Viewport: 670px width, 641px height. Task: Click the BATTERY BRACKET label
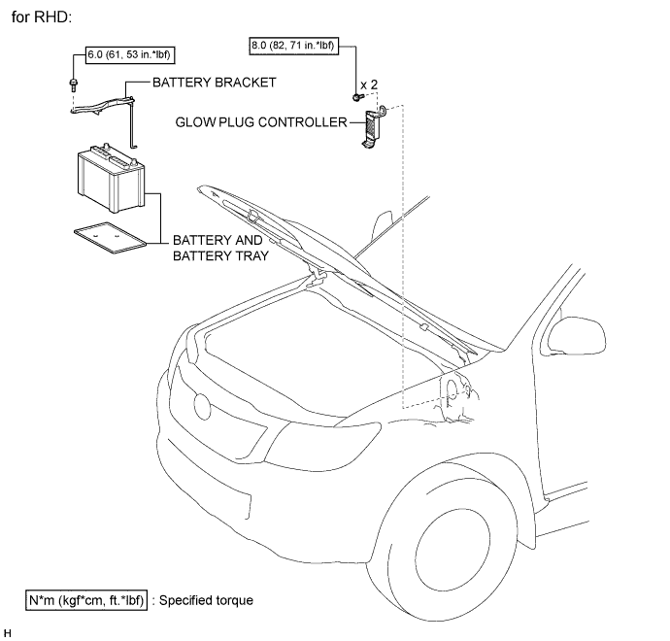pyautogui.click(x=215, y=84)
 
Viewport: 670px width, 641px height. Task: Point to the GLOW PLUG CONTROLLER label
pyautogui.click(x=260, y=122)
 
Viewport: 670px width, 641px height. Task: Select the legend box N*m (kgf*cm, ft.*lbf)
pyautogui.click(x=86, y=600)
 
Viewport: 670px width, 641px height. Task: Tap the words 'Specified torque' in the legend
pyautogui.click(x=207, y=600)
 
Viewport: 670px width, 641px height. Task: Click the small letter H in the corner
pyautogui.click(x=7, y=632)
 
